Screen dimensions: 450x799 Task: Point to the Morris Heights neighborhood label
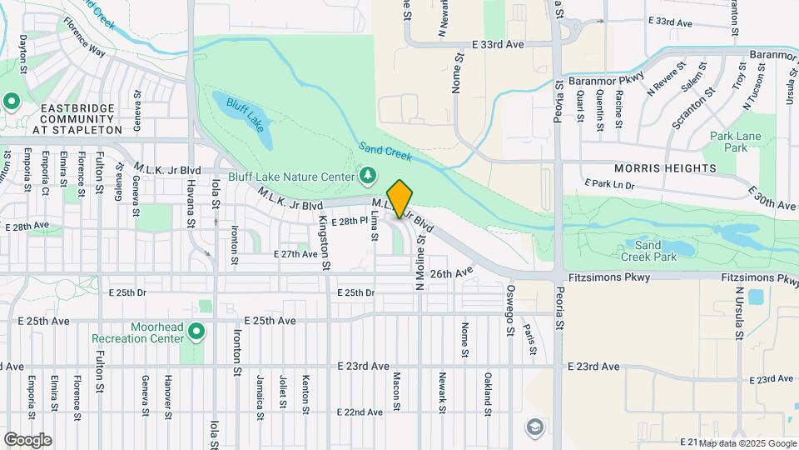(665, 168)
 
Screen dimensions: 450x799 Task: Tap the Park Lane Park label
(730, 142)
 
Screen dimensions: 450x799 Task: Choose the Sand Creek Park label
(648, 252)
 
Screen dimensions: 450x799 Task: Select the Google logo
(27, 440)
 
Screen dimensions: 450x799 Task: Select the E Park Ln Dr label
(609, 183)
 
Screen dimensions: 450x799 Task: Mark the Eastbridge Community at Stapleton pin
(12, 102)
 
